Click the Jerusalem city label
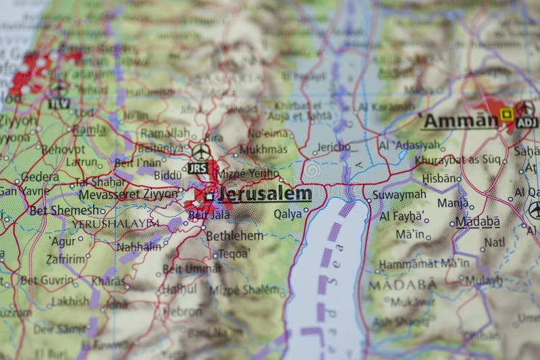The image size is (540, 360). coord(265,195)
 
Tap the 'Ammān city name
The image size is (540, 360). coord(459,121)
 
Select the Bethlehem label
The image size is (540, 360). coord(234,236)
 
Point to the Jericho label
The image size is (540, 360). coord(333,147)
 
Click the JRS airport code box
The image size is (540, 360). coord(198,168)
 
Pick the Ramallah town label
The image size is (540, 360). coord(165,132)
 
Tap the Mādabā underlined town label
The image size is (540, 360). coord(477,222)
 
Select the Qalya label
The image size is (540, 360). coord(287,213)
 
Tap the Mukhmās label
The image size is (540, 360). coord(263,149)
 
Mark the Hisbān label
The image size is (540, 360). coord(439,178)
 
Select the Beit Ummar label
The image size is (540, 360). coord(191,269)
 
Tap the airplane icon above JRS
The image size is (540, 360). coord(200,152)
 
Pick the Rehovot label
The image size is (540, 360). coord(63,149)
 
